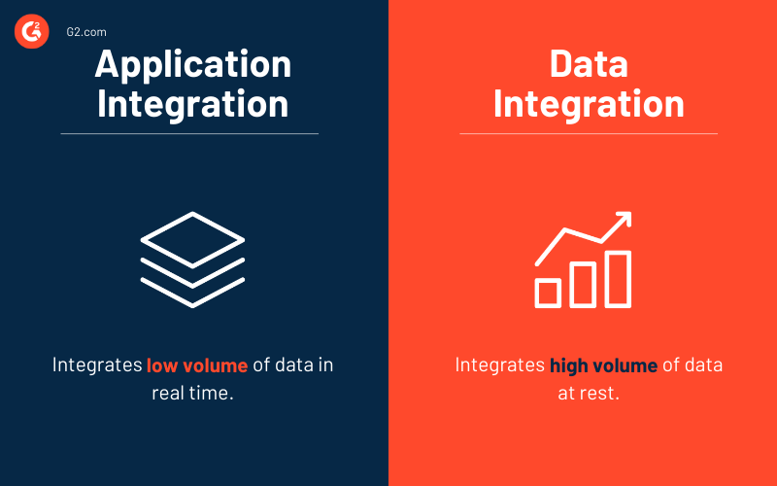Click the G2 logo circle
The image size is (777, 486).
[x=32, y=31]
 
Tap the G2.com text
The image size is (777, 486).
[x=86, y=32]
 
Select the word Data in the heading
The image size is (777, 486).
[x=589, y=63]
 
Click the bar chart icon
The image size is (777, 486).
[x=583, y=260]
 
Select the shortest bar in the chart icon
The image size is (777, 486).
[x=548, y=294]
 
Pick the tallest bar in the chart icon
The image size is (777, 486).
[x=618, y=279]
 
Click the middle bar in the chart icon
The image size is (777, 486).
[x=583, y=285]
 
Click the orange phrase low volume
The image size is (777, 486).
[x=197, y=365]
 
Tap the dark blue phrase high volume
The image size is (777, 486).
[x=603, y=365]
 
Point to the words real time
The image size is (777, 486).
[x=192, y=394]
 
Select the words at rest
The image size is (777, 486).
[x=589, y=394]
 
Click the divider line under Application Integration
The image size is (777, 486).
[x=189, y=133]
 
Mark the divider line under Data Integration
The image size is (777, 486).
[x=589, y=133]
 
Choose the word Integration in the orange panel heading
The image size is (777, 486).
[x=589, y=105]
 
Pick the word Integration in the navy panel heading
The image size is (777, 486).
[x=192, y=105]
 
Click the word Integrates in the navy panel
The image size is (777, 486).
[x=97, y=365]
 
